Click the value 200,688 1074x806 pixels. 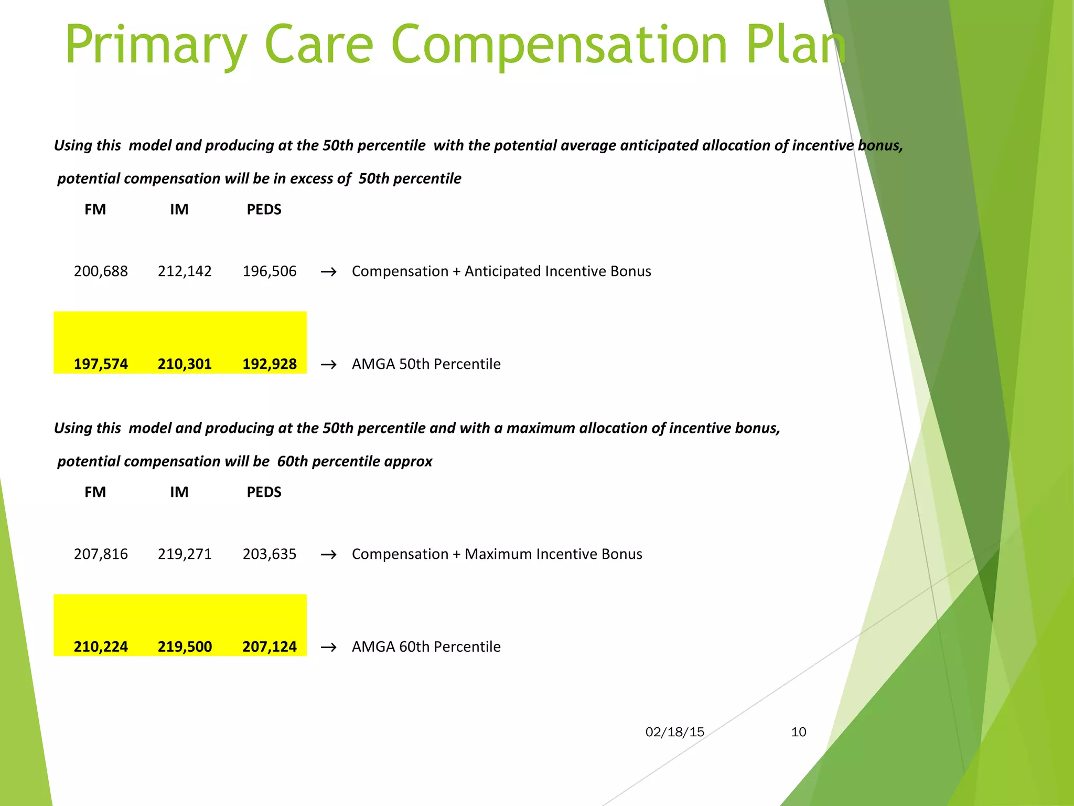101,271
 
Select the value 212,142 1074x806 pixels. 185,271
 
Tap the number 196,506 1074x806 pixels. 270,271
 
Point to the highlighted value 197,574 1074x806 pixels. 101,364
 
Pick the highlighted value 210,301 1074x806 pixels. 185,364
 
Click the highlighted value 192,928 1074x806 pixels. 270,364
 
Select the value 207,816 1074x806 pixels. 101,554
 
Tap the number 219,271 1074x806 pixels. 185,554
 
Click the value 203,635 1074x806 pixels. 270,554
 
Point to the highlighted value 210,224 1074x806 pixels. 101,646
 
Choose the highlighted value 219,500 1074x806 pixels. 185,646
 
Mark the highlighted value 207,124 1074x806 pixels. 270,646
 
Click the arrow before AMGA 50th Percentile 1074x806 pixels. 328,364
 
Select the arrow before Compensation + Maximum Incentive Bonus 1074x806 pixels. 328,555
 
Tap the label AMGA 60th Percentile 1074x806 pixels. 426,646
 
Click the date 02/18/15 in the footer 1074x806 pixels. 674,732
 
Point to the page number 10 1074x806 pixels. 798,732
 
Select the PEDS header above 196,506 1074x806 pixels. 264,209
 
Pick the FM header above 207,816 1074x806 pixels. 95,492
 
